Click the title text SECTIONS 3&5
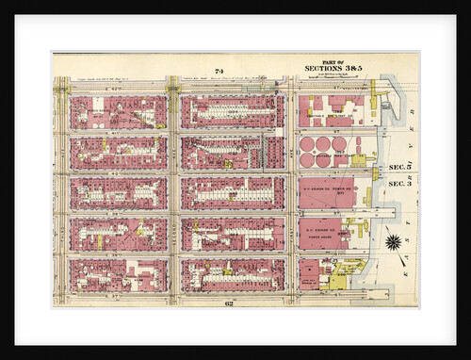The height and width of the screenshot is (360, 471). [x=334, y=68]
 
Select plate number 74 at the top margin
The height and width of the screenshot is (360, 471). [x=219, y=72]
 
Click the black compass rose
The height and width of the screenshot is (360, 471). [x=393, y=241]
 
